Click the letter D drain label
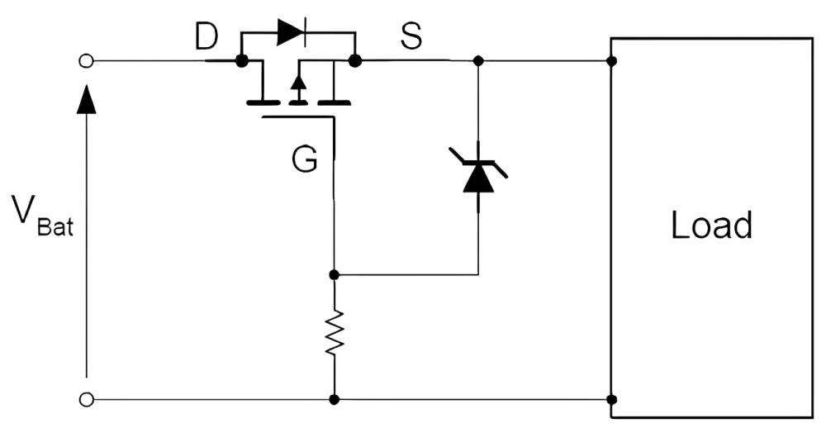206,36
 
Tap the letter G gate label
305,160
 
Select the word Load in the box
711,225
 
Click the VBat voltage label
43,216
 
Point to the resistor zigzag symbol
334,332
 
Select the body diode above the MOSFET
291,33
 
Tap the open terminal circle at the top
86,61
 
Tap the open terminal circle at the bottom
86,400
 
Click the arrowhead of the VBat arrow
87,99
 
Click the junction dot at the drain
242,60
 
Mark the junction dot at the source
355,60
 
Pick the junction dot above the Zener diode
478,60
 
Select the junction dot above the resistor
334,274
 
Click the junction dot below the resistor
334,400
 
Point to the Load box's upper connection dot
611,61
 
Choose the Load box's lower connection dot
611,400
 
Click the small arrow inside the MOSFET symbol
299,83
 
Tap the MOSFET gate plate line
297,117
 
